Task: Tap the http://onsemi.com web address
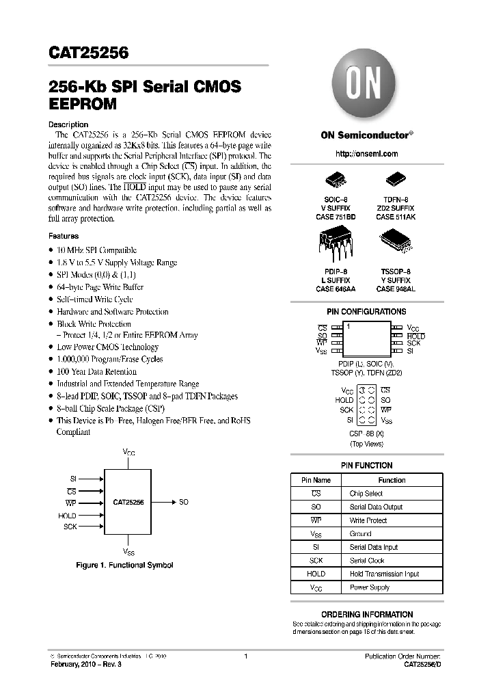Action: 367,155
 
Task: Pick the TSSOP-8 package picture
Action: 396,239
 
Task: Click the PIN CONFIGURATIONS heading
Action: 367,312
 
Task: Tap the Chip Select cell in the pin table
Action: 366,494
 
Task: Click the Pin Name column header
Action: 316,480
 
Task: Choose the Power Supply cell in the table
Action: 369,587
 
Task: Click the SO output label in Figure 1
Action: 184,503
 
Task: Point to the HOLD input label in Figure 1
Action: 68,516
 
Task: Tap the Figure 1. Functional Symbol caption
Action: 124,565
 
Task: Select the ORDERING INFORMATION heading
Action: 367,615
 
